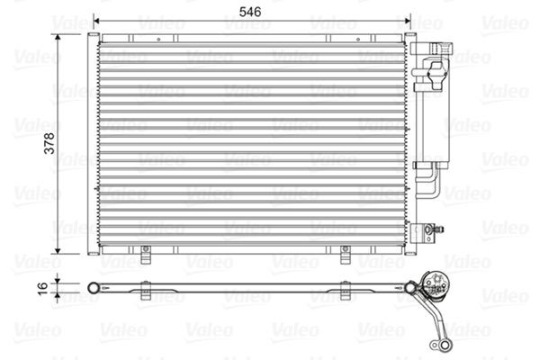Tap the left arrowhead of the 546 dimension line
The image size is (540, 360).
(98, 23)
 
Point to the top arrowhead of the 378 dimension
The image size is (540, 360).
(59, 39)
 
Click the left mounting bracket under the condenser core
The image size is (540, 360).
(145, 256)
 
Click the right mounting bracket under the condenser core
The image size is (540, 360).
(345, 256)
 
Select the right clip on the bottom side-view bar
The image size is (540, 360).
(346, 289)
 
